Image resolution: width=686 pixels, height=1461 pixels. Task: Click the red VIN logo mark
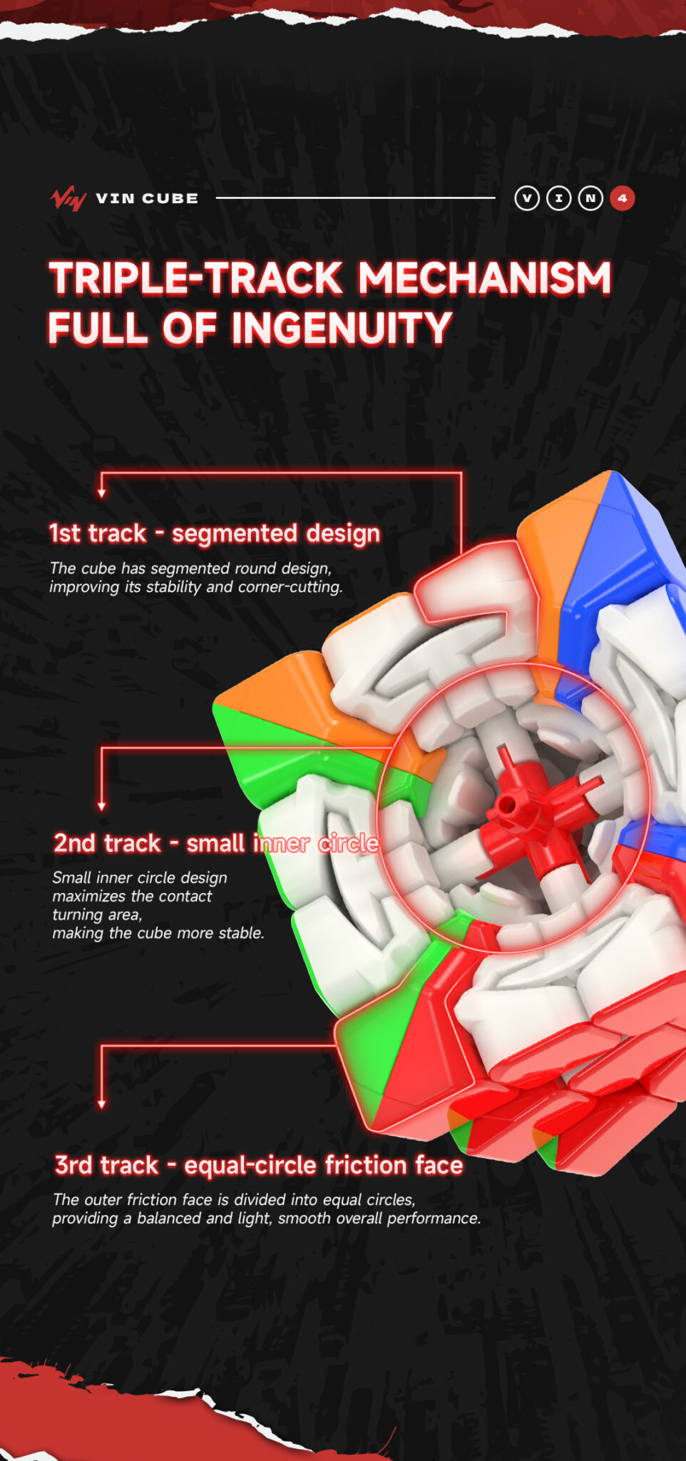[68, 198]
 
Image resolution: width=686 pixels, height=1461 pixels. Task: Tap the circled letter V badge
[527, 198]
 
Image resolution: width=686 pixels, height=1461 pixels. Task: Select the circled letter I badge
[558, 198]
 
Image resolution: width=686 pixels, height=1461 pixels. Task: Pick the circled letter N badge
[590, 198]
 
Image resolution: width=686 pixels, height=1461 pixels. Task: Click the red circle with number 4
[622, 198]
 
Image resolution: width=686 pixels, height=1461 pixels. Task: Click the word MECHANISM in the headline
[485, 278]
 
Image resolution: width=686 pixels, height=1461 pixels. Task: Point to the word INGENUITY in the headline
[342, 328]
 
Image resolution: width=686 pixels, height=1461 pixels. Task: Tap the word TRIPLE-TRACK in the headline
[196, 278]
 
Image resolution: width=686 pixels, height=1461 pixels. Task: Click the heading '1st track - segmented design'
[215, 533]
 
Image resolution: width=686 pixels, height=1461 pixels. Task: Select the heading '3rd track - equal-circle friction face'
[259, 1165]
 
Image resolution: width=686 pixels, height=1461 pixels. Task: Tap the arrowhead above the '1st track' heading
[102, 493]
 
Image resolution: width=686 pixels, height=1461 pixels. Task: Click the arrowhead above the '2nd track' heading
[102, 806]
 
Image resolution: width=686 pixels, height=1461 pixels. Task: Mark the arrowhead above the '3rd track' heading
[102, 1104]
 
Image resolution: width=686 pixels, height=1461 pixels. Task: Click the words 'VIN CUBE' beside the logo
[147, 198]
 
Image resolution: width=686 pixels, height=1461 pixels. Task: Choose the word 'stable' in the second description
[240, 933]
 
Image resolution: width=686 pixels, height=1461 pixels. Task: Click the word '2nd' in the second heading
[75, 843]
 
